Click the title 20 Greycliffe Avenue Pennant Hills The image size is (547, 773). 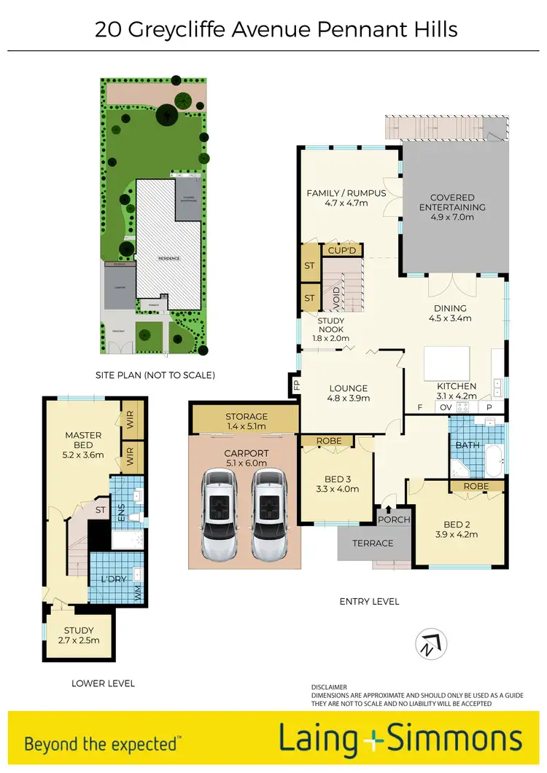pyautogui.click(x=276, y=30)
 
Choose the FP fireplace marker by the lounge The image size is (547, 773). pyautogui.click(x=297, y=384)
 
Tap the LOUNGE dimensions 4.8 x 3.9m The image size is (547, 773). pyautogui.click(x=349, y=399)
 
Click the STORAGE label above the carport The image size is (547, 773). pyautogui.click(x=247, y=417)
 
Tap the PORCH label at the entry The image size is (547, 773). pyautogui.click(x=393, y=519)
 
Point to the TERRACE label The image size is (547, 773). pyautogui.click(x=373, y=543)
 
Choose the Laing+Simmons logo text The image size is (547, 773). pyautogui.click(x=401, y=739)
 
